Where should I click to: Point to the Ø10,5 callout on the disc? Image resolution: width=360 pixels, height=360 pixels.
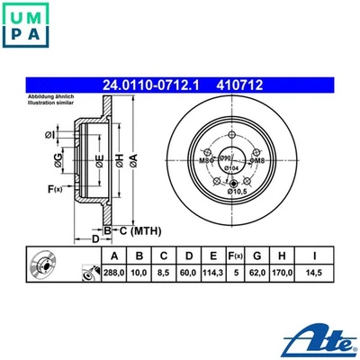(238, 192)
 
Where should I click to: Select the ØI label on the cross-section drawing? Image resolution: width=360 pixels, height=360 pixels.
(49, 135)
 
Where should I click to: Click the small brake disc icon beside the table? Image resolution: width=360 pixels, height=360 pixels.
(43, 267)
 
